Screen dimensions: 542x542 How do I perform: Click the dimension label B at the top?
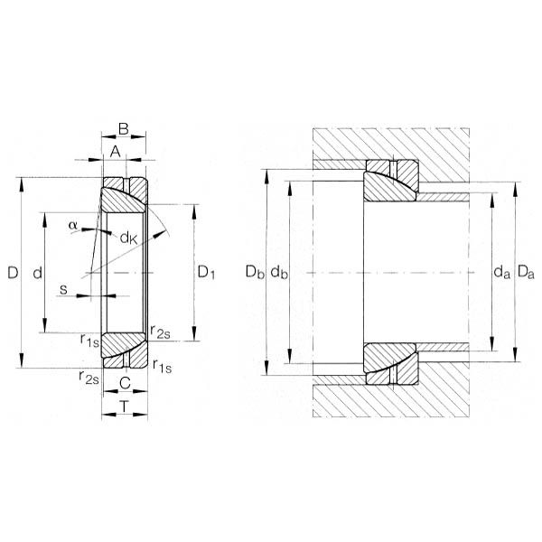pos(124,128)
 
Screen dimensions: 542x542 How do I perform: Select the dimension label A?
pos(115,152)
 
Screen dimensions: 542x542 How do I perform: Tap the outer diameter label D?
pos(13,273)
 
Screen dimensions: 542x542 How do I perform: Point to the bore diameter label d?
pos(38,273)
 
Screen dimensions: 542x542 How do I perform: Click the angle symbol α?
pos(72,225)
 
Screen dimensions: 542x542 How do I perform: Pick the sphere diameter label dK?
pos(128,238)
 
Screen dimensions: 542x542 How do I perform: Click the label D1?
pos(206,273)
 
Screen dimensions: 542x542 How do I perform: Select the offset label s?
pos(63,289)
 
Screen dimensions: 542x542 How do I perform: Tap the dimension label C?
pos(125,383)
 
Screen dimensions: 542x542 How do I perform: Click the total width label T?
pos(124,406)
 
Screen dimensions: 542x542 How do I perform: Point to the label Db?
pos(255,272)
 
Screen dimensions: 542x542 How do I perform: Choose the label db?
pos(278,272)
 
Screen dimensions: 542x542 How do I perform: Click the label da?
pos(501,272)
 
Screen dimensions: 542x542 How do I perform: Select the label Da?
pos(526,272)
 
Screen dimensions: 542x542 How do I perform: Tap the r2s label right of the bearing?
pos(161,332)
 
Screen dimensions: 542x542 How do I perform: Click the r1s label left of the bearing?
pos(89,340)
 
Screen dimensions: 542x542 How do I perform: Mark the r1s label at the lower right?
pos(162,366)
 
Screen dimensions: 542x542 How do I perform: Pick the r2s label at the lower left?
pos(89,377)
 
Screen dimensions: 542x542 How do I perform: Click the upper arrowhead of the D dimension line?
pos(22,184)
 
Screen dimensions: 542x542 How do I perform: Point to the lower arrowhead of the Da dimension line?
pos(515,355)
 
